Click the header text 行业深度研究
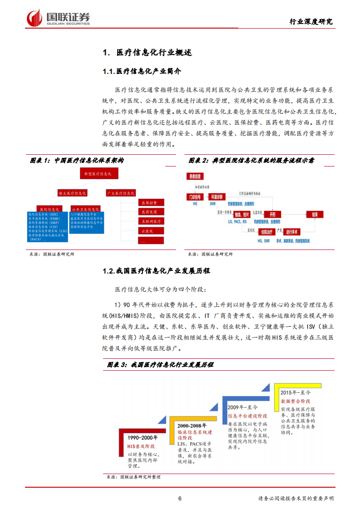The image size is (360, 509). click(x=311, y=21)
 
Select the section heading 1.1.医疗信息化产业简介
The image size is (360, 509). click(x=142, y=72)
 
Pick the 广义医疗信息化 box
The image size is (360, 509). click(x=121, y=193)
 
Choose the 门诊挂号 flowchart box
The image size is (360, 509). click(x=196, y=197)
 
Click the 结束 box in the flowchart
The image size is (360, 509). click(x=314, y=214)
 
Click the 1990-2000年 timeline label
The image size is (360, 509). click(x=143, y=438)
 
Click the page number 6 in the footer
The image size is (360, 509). click(x=180, y=498)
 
